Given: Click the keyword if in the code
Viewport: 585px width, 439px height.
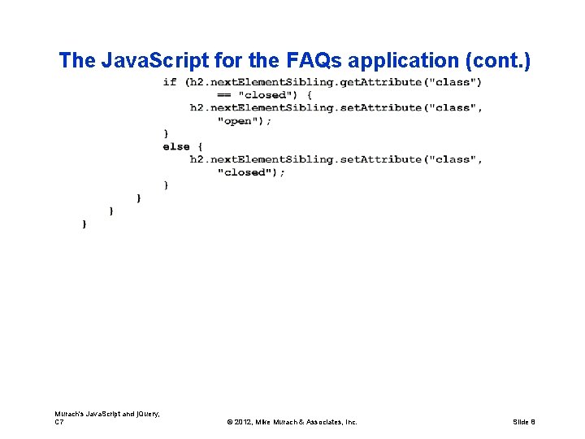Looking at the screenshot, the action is (169, 81).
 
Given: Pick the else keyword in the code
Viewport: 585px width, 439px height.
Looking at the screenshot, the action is (175, 146).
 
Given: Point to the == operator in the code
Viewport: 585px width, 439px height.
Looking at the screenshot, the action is (223, 94).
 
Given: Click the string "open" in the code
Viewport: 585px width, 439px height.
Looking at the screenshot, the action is (239, 120).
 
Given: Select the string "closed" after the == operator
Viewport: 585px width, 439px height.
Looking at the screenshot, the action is (266, 94).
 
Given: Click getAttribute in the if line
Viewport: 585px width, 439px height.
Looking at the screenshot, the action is (382, 81).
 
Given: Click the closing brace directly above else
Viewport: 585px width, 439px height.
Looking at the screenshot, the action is (167, 133).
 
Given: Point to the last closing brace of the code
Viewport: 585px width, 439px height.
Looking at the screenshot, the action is (84, 224).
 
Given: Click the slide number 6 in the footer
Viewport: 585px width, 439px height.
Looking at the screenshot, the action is (532, 422).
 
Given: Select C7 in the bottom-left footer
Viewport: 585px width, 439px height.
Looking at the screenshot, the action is (59, 422).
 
